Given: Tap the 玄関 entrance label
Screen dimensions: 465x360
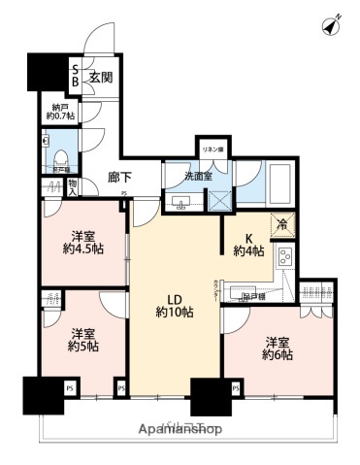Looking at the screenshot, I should [x=102, y=76].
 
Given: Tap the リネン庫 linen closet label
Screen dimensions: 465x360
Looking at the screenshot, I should [x=213, y=149].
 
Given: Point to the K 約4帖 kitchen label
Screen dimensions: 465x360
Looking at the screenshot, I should [x=247, y=243].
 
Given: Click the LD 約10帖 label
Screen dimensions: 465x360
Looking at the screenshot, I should [x=175, y=304].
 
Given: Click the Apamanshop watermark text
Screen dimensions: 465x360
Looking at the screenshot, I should [x=180, y=428].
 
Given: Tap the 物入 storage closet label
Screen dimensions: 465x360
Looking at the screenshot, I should [x=73, y=184].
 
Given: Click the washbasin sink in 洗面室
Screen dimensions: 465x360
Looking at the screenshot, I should [x=181, y=202].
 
